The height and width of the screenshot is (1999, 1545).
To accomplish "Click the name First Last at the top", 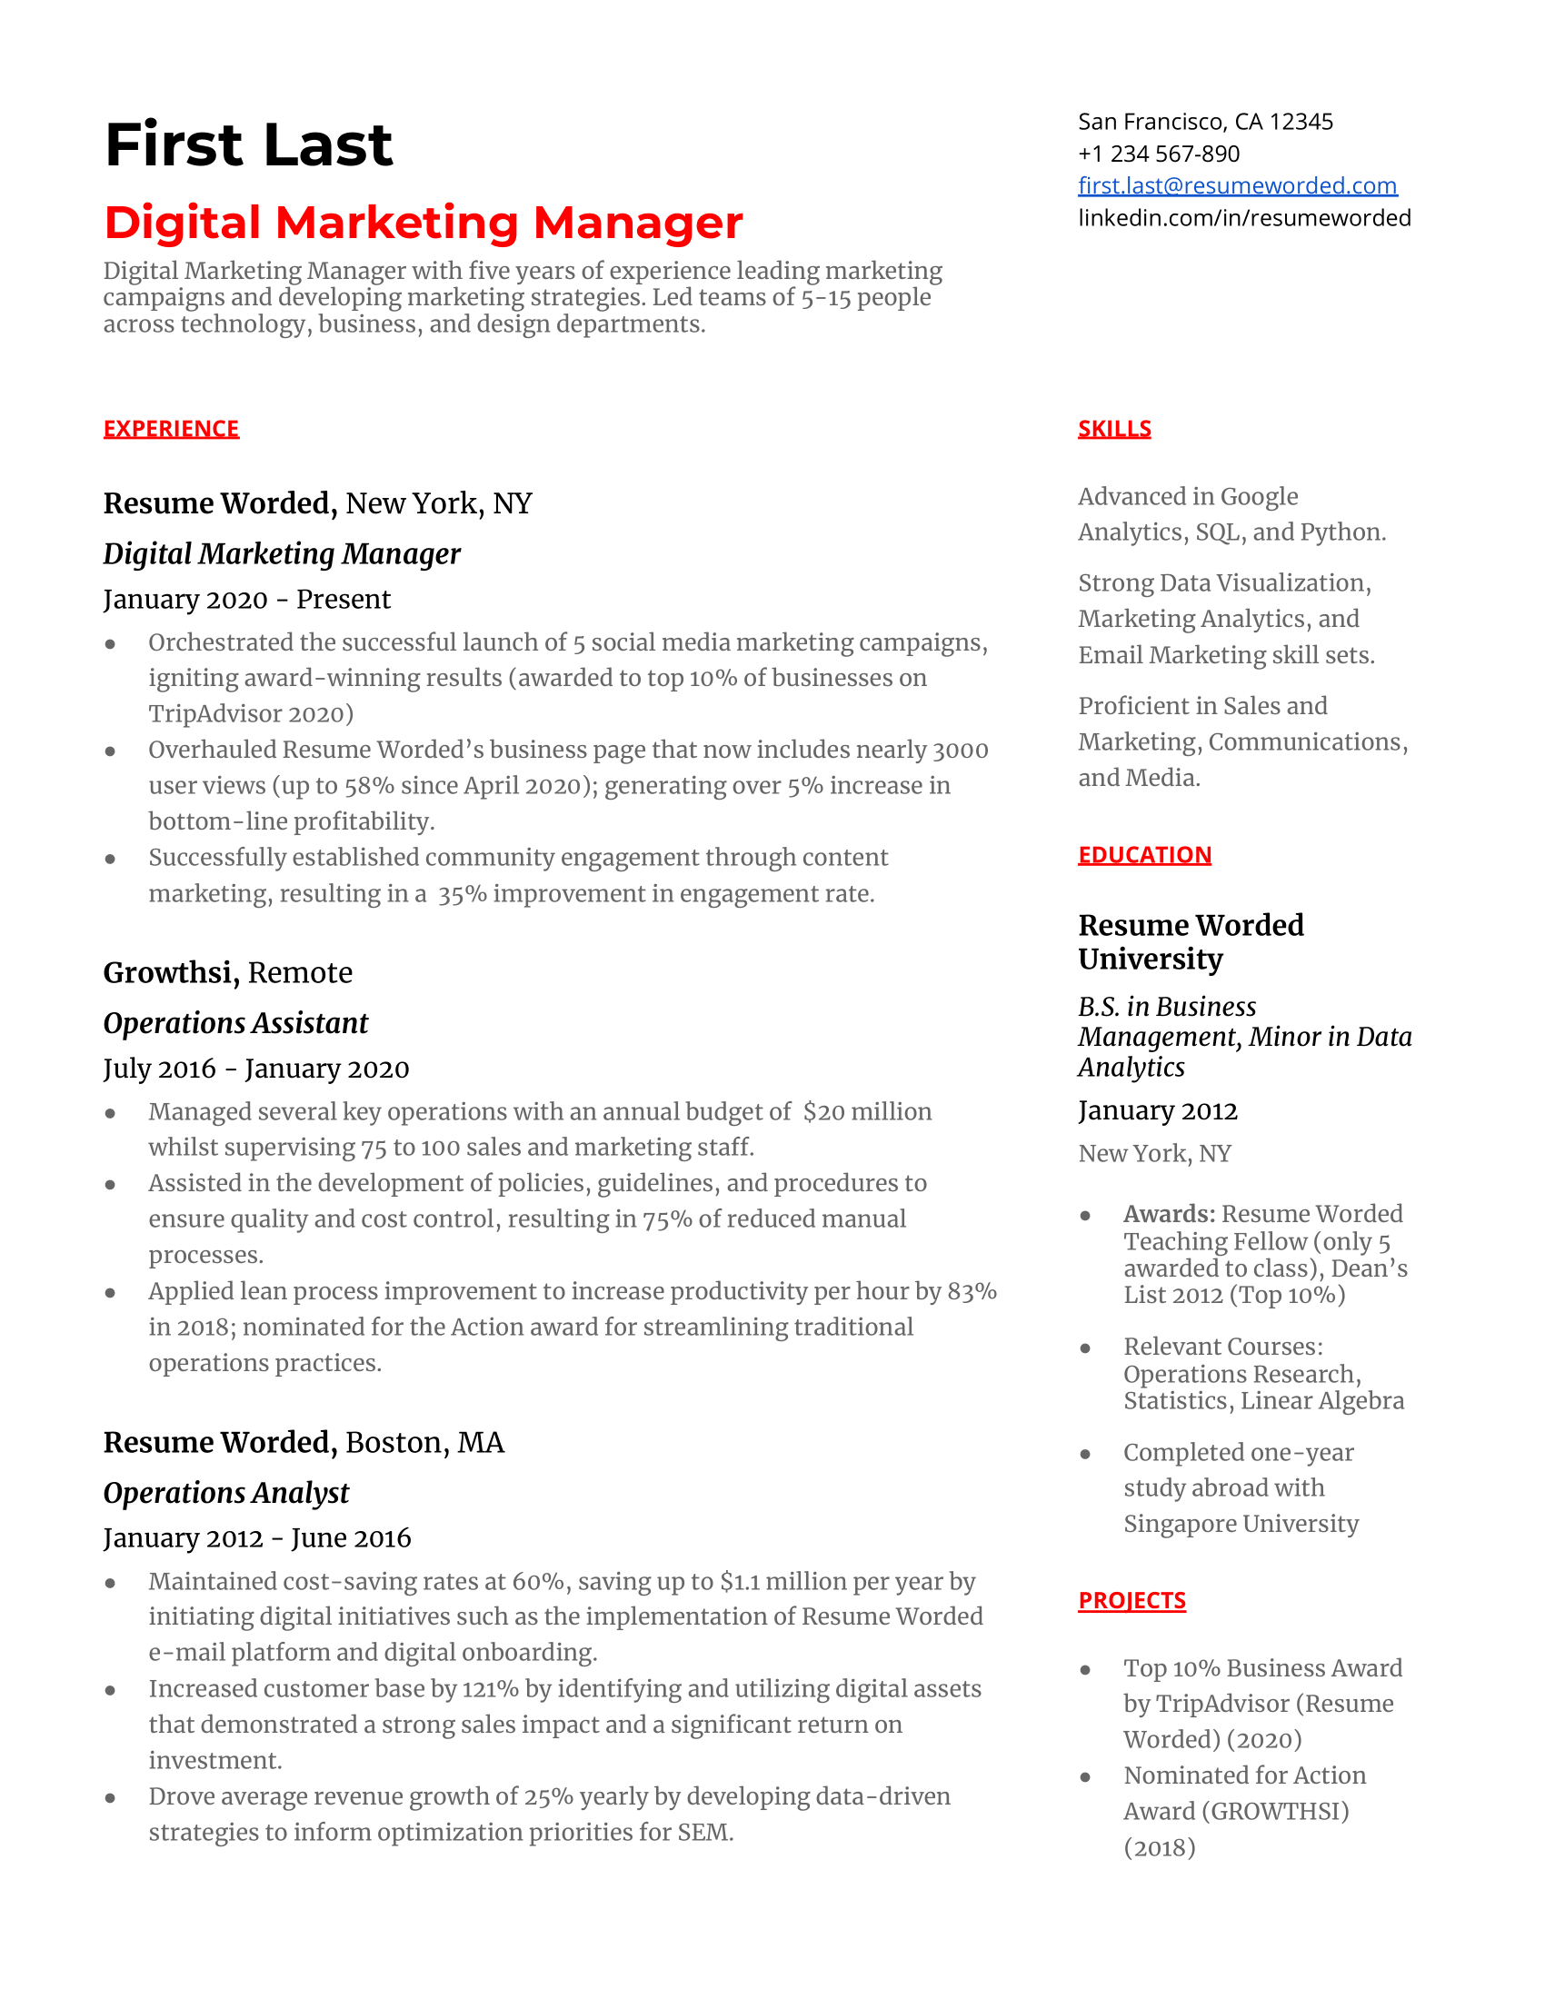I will point(248,144).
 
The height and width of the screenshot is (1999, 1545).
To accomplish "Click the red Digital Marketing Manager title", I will point(423,223).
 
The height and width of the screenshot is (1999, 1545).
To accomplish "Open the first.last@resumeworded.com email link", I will point(1237,185).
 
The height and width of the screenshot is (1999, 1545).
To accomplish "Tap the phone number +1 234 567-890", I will point(1158,154).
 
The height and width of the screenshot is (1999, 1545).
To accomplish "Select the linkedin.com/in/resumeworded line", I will point(1244,218).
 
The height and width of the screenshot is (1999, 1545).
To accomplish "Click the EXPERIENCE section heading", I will point(171,428).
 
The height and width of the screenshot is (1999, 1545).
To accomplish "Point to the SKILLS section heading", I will point(1114,428).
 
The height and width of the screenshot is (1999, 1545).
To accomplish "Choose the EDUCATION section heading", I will point(1144,854).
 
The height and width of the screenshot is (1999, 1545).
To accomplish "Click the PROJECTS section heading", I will point(1131,1600).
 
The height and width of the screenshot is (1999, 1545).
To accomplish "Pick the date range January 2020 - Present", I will point(246,599).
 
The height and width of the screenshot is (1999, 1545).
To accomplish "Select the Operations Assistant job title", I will point(235,1022).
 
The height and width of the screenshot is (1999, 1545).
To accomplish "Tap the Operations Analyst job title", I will point(226,1492).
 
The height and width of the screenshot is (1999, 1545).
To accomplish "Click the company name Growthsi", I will point(171,972).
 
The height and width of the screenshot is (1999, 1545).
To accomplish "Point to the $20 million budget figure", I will point(867,1111).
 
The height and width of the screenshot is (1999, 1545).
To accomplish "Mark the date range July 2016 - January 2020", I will point(256,1069).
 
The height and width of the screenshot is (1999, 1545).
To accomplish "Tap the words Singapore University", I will point(1241,1523).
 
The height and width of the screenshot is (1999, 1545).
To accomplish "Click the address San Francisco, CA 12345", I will point(1204,122).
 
